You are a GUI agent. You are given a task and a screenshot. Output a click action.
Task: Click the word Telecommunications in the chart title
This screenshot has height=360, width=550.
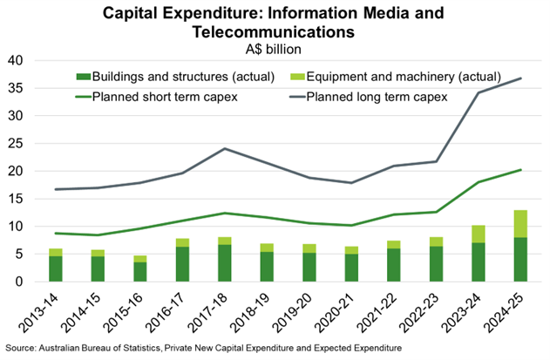pyautogui.click(x=275, y=32)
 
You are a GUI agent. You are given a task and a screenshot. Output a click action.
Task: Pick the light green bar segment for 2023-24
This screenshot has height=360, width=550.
pyautogui.click(x=477, y=234)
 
